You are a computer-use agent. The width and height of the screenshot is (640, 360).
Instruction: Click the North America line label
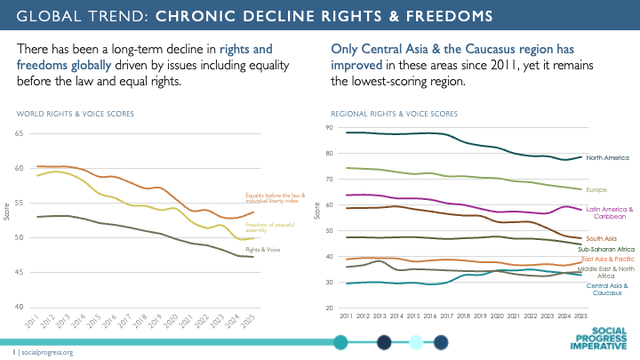click(x=609, y=158)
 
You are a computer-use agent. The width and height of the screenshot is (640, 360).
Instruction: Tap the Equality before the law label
click(x=276, y=198)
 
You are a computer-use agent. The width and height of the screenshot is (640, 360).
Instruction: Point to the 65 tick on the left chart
click(x=19, y=133)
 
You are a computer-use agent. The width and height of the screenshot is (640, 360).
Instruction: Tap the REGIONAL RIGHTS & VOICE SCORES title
click(x=394, y=114)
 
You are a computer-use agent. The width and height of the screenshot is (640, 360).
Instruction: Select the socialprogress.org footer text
click(x=46, y=352)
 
